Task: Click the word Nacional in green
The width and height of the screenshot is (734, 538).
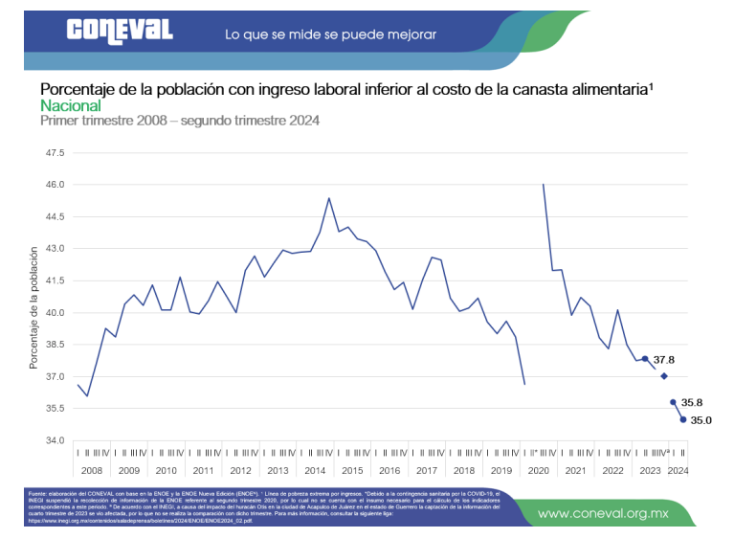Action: coord(70,105)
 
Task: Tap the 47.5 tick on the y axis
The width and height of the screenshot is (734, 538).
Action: coord(55,152)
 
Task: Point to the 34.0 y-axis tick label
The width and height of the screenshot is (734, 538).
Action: coord(55,440)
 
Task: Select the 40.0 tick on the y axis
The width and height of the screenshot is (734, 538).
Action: coord(55,312)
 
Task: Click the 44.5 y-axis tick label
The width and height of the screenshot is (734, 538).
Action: coord(55,216)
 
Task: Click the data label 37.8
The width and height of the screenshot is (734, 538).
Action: coord(664,360)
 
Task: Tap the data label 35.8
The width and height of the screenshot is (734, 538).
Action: coord(693,403)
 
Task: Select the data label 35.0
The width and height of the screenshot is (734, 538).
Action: coord(702,419)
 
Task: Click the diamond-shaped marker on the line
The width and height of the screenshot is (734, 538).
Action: coord(664,376)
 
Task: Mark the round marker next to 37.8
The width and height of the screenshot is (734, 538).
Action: coord(645,359)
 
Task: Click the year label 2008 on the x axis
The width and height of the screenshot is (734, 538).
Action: coord(92,470)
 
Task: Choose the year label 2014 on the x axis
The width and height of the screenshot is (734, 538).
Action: coord(315,470)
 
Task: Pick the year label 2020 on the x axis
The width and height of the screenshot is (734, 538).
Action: coord(538,470)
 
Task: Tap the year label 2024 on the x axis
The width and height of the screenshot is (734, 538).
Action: coord(678,470)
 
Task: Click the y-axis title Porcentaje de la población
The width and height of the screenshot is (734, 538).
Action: coord(33,307)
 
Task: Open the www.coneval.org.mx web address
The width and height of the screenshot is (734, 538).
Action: coord(602,513)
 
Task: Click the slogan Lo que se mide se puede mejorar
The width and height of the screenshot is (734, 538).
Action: coord(330,34)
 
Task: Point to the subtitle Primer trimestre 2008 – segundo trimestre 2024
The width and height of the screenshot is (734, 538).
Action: coord(179,121)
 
